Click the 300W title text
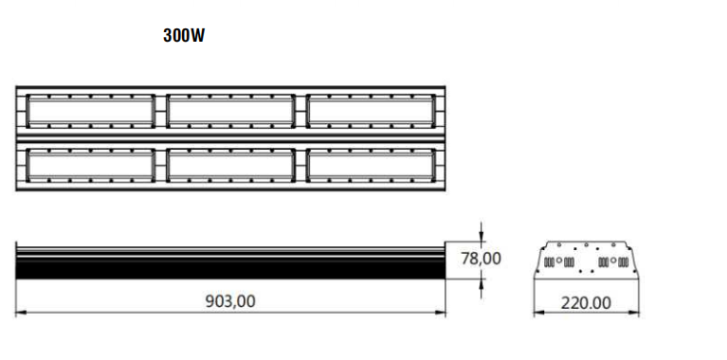pos(184,36)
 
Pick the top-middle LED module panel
pos(230,110)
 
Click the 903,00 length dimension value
pos(230,301)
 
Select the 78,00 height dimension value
pos(482,258)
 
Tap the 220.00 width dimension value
pos(587,303)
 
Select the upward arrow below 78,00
pos(482,282)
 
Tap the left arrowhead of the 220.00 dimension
pos(537,312)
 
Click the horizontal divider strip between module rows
pos(230,137)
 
